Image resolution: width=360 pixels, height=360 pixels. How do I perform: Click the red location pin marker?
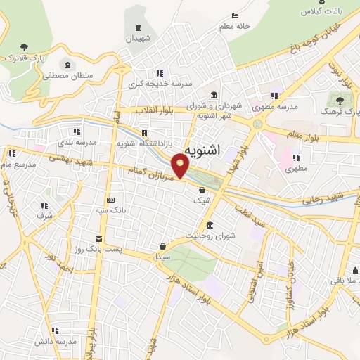click(x=181, y=167)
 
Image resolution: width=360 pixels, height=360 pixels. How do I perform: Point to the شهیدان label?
click(x=139, y=39)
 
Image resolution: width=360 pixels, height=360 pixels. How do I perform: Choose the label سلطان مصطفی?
click(x=67, y=75)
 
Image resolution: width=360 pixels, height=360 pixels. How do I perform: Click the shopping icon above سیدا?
click(x=163, y=246)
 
